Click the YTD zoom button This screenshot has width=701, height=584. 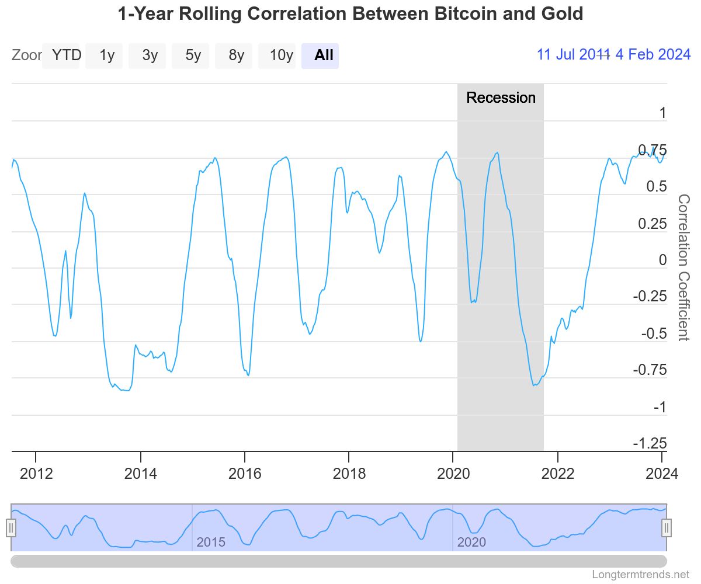[66, 55]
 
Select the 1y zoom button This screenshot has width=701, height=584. [107, 55]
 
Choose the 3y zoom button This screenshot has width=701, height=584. [150, 55]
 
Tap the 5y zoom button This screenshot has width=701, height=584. [193, 55]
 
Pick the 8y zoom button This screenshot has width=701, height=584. [237, 55]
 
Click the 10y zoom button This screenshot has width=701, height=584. [281, 55]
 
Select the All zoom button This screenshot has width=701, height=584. [324, 55]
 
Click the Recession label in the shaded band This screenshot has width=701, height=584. [501, 98]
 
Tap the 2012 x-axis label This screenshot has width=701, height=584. [36, 473]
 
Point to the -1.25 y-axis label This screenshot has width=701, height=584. [649, 443]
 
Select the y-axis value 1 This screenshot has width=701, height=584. [662, 113]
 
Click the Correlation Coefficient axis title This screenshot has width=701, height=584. [683, 267]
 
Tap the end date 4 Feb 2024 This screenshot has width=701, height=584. [653, 55]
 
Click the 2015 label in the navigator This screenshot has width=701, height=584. [211, 543]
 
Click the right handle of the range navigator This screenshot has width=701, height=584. [667, 528]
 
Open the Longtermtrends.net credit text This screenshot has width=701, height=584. [640, 575]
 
